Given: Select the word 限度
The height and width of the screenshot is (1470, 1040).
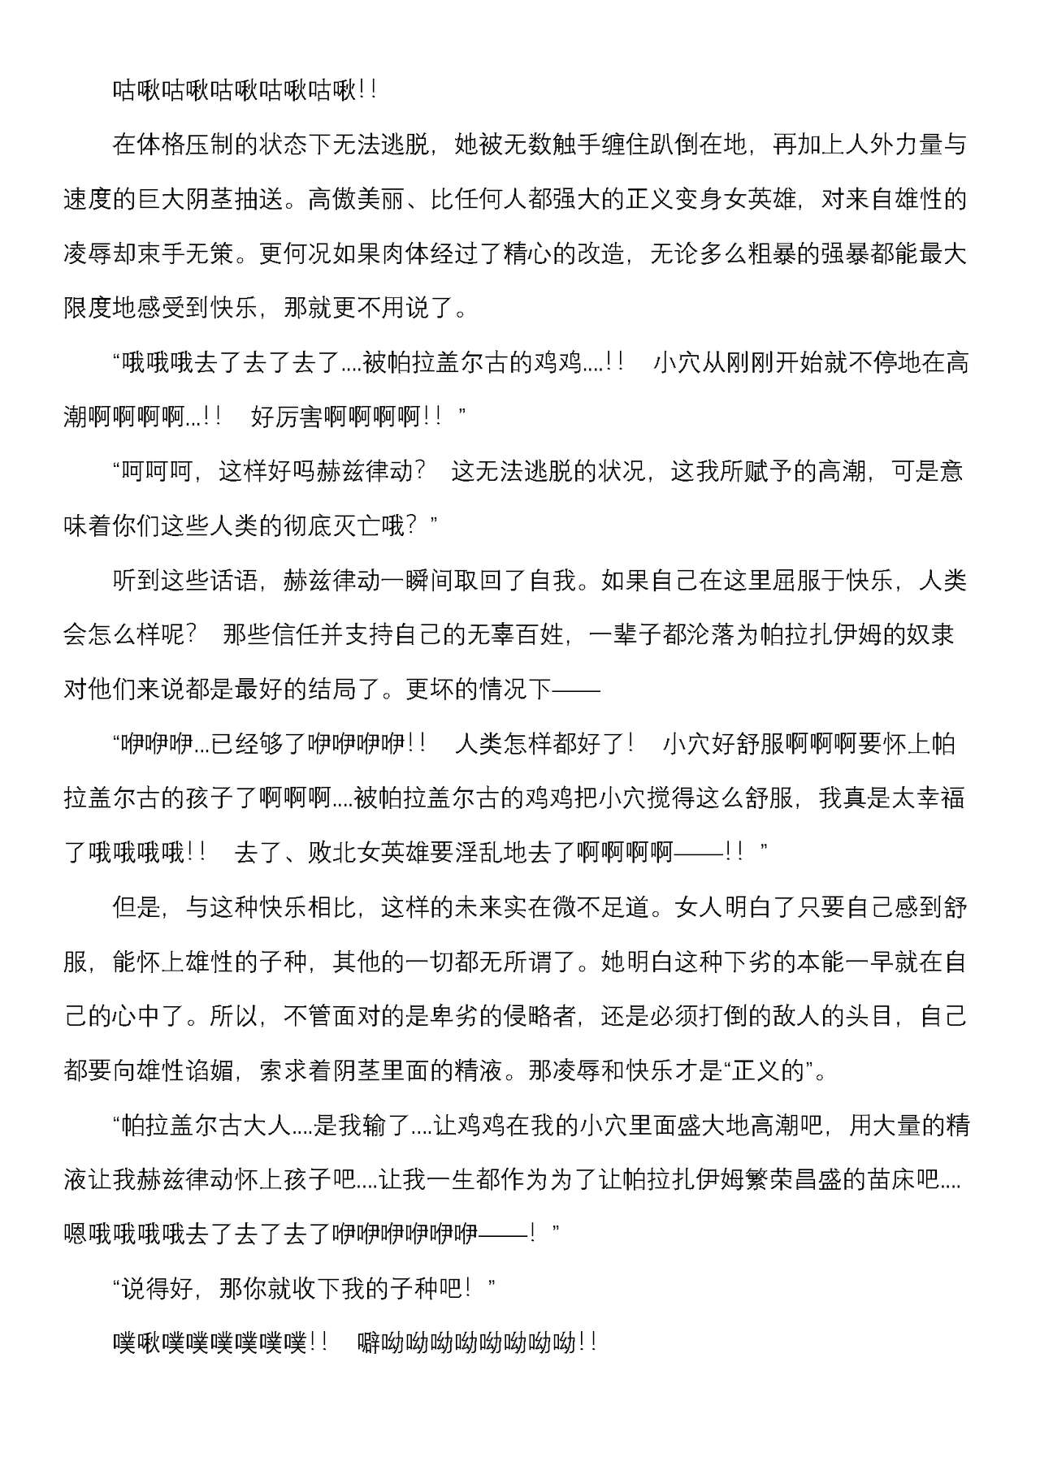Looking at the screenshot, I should [x=87, y=309].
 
